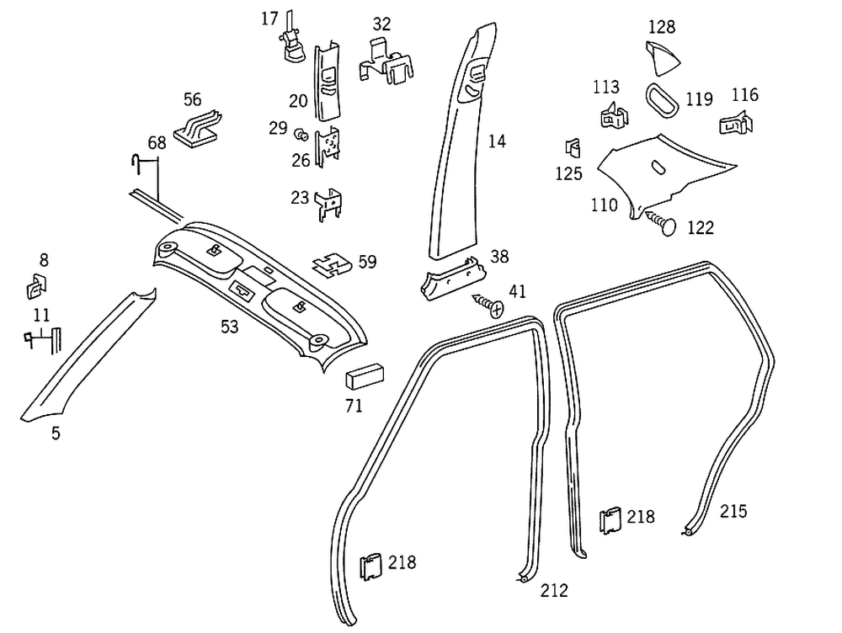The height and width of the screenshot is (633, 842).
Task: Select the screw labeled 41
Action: [x=489, y=305]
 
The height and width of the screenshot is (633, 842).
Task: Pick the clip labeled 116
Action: [x=738, y=124]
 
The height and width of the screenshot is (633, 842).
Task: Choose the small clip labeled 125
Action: [x=573, y=148]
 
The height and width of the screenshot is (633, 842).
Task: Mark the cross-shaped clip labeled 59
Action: [x=333, y=265]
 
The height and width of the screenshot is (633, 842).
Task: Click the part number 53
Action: [x=230, y=327]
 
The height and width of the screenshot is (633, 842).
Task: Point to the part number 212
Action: [x=554, y=590]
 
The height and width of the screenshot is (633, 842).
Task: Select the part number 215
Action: [x=733, y=511]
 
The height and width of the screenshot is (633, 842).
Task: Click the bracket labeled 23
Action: [x=330, y=203]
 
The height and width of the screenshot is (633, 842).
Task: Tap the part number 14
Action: [x=497, y=141]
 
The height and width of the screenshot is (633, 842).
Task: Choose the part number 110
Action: [x=605, y=205]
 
